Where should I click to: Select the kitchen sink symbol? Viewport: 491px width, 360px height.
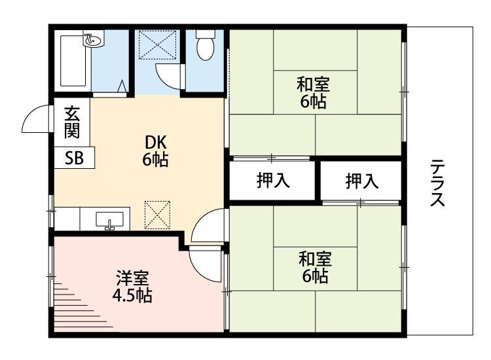tap(109, 221)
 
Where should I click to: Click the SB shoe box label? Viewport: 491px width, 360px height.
tap(73, 158)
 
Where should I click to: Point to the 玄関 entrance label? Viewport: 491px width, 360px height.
tap(71, 122)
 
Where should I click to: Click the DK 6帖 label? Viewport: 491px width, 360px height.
tap(155, 151)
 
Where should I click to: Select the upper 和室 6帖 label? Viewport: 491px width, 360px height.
tap(313, 92)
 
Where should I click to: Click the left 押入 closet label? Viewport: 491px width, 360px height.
tap(272, 181)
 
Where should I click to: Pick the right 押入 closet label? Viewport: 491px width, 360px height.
tap(362, 181)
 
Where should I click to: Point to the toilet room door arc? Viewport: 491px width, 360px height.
tap(168, 75)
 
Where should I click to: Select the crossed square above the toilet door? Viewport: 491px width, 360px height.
tap(157, 44)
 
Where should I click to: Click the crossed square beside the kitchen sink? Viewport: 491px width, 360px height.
tap(158, 214)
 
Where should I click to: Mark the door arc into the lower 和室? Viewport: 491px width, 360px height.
tap(208, 226)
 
